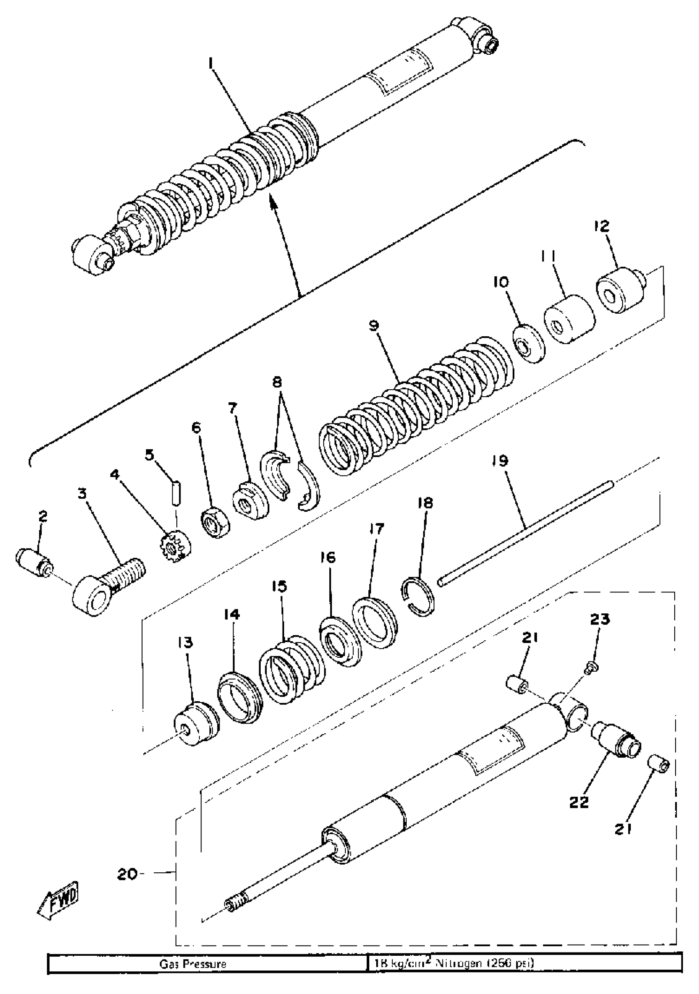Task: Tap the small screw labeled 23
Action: coord(591,668)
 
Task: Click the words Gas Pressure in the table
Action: coord(193,972)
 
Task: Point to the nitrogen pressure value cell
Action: coord(452,972)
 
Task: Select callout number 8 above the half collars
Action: coord(277,382)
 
